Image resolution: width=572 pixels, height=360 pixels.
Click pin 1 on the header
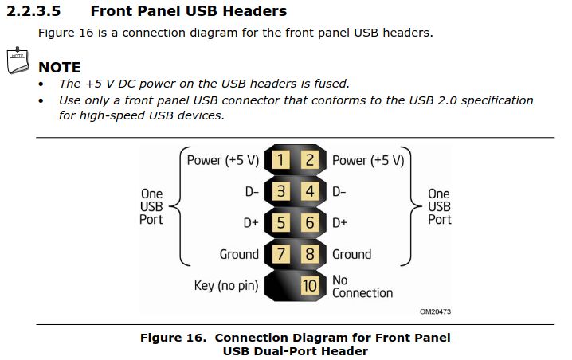coord(280,160)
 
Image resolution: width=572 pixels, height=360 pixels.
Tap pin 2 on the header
coord(310,160)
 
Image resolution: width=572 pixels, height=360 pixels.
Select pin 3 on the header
coord(280,191)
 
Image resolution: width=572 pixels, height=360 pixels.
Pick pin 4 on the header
coord(310,191)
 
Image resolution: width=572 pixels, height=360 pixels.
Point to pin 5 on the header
coord(280,223)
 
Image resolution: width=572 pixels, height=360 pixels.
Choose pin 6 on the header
coord(310,223)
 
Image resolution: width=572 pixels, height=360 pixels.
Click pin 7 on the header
coord(280,254)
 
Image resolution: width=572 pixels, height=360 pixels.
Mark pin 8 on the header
coord(310,254)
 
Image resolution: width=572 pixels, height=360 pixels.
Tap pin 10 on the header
coord(310,285)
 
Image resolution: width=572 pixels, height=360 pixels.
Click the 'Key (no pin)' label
coord(226,285)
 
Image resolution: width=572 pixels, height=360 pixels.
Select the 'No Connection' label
coord(362,286)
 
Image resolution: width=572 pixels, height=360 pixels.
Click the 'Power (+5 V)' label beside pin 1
coord(223,160)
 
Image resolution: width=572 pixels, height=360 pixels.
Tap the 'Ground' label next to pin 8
coord(351,254)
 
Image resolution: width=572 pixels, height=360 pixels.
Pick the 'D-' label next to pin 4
coord(339,191)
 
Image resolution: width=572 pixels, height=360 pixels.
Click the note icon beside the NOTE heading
coord(18,61)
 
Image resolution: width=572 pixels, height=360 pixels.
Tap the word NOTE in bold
coord(59,68)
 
